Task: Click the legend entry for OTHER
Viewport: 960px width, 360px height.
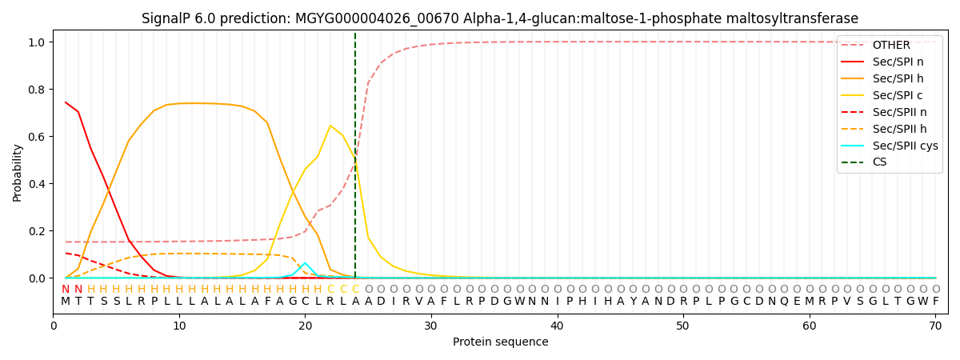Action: pyautogui.click(x=891, y=45)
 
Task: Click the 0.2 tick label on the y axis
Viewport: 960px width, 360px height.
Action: pyautogui.click(x=36, y=231)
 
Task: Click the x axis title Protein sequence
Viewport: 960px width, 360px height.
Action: pyautogui.click(x=500, y=342)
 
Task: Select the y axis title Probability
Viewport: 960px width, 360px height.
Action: pyautogui.click(x=18, y=172)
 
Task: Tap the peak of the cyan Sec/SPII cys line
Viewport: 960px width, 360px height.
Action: pyautogui.click(x=305, y=262)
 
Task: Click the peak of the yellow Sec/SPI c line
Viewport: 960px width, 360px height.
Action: pyautogui.click(x=330, y=126)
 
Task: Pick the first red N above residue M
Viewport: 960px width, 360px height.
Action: pyautogui.click(x=66, y=289)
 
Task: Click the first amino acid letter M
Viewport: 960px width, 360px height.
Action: pyautogui.click(x=66, y=302)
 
